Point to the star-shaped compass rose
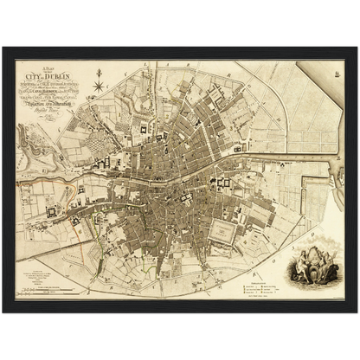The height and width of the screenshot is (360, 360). (x=98, y=86)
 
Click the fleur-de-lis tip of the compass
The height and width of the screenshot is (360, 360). (x=98, y=76)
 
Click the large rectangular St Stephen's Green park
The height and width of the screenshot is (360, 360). (x=224, y=232)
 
